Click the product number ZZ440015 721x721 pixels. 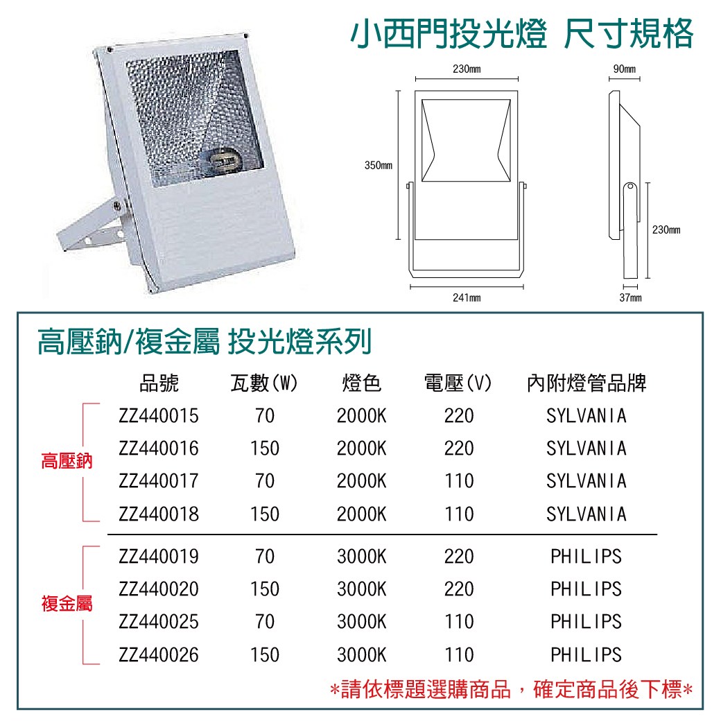[159, 416]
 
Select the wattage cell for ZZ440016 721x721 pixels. [265, 449]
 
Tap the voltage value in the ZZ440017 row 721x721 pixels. [459, 481]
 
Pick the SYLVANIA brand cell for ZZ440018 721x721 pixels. [587, 514]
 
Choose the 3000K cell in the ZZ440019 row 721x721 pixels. [361, 557]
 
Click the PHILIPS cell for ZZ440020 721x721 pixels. [587, 589]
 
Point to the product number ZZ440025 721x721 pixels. [159, 622]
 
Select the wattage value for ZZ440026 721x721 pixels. [265, 654]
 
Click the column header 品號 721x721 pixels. [159, 383]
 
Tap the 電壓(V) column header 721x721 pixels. [458, 383]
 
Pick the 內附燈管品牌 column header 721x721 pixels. [587, 383]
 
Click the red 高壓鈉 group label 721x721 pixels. [67, 461]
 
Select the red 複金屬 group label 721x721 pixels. [67, 603]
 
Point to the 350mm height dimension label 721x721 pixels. [379, 166]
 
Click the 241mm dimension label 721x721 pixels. [467, 298]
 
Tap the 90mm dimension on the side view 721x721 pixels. [625, 69]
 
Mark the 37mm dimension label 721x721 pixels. [630, 298]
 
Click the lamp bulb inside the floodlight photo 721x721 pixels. [224, 162]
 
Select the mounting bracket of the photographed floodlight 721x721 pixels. [93, 226]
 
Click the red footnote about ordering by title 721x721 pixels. [512, 689]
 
